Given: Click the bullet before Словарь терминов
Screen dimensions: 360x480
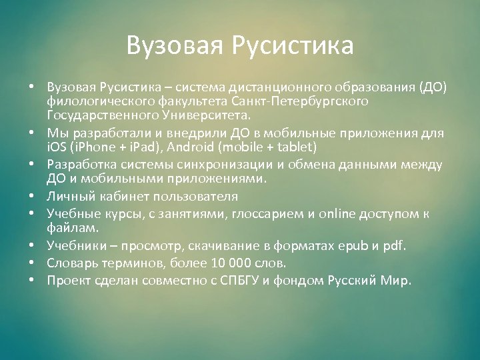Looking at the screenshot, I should (x=31, y=263).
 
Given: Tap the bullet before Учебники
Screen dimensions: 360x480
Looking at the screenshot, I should (x=31, y=246).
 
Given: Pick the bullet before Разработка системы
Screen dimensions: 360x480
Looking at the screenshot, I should (x=31, y=164).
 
